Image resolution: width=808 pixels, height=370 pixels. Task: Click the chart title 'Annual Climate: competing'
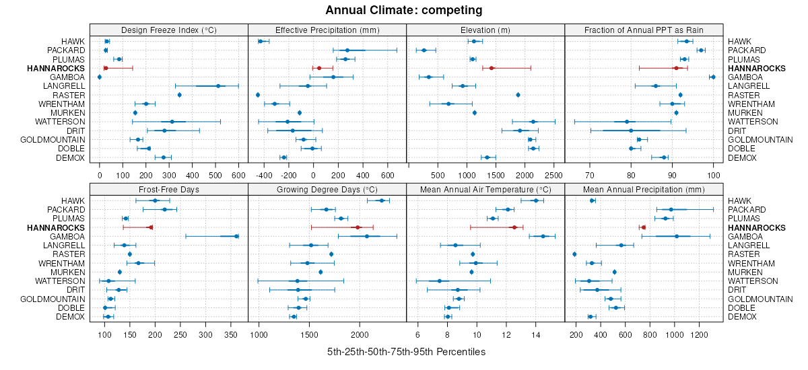point(403,10)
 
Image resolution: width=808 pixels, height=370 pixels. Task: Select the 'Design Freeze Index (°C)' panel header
point(169,30)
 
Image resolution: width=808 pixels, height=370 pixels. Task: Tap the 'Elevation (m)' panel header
point(485,30)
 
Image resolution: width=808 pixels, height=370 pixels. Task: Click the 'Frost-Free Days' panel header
point(169,189)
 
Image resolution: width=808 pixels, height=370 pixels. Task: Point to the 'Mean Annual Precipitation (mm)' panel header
point(644,189)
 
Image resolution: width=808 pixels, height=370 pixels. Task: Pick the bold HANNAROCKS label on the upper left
point(56,69)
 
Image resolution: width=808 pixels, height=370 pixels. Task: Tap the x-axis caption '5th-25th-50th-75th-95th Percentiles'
point(406,352)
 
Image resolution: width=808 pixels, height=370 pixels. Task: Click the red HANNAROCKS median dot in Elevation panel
point(492,68)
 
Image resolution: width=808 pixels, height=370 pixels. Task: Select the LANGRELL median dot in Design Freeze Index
point(218,86)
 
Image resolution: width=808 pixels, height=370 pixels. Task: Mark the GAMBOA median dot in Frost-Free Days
point(236,236)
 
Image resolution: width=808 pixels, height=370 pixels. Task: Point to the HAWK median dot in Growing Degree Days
point(382,200)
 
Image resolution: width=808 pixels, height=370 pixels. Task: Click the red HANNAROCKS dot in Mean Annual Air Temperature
point(514,227)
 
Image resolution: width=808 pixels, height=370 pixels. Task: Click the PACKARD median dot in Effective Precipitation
point(347,50)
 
